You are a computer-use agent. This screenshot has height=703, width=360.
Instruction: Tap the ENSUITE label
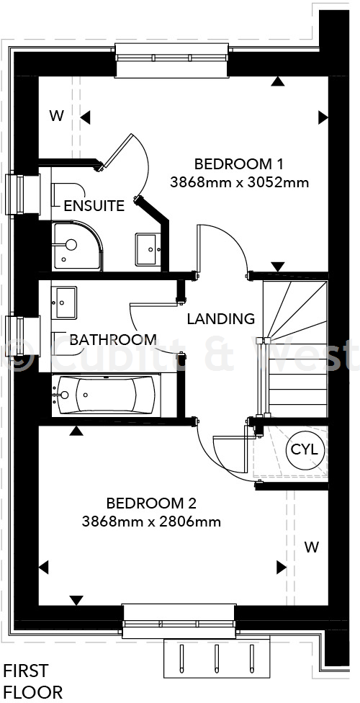click(94, 205)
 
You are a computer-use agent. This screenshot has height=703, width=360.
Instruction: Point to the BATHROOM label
click(113, 339)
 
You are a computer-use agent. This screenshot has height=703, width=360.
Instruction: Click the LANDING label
click(220, 318)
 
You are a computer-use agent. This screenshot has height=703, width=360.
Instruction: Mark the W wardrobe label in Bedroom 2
click(311, 547)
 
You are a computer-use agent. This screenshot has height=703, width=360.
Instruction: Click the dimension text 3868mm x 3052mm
click(239, 182)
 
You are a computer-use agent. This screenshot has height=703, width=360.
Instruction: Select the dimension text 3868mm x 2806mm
click(151, 521)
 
